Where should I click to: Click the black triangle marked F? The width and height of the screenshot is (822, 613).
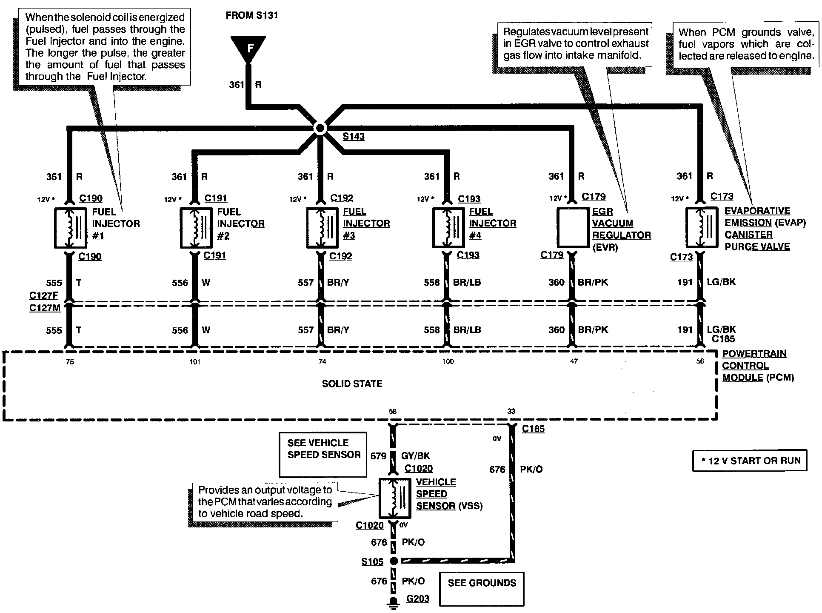[x=248, y=48]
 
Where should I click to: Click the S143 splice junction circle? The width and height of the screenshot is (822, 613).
[x=320, y=128]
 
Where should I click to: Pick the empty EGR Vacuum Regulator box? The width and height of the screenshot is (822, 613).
[x=572, y=228]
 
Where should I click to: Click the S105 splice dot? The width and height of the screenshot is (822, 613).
[x=394, y=561]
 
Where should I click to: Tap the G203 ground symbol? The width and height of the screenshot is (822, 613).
[x=394, y=602]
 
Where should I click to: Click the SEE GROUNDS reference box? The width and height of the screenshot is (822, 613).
[x=482, y=588]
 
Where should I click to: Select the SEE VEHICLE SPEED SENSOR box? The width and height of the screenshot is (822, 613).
[x=323, y=455]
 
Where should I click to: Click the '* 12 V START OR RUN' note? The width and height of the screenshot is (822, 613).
[x=750, y=461]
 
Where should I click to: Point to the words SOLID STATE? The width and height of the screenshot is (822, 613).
[x=352, y=384]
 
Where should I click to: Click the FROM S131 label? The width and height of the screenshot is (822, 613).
[x=251, y=16]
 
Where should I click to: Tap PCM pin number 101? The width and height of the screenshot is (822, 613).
[x=195, y=362]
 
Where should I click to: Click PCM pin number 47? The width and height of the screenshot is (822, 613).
[x=574, y=361]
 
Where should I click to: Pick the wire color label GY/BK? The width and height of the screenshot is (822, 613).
[x=415, y=456]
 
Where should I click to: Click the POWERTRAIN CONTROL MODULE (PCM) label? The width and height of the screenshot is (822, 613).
[x=757, y=366]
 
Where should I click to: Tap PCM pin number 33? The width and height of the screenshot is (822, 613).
[x=511, y=411]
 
